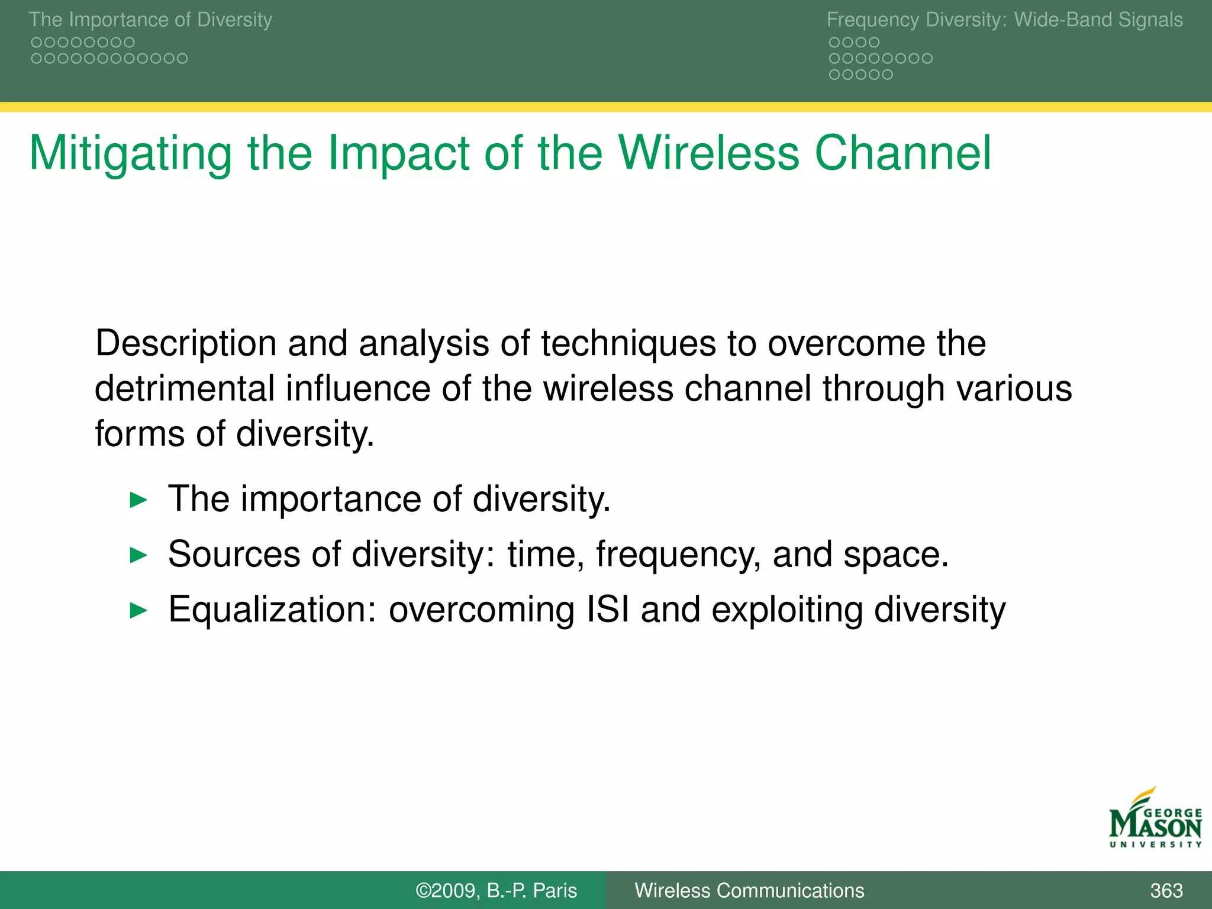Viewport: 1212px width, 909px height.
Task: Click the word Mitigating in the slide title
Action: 130,154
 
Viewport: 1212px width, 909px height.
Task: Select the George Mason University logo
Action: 1155,820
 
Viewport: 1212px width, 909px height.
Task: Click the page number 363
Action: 1166,890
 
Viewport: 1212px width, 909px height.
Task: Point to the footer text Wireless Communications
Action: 749,890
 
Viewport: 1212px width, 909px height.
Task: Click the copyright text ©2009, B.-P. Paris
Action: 496,890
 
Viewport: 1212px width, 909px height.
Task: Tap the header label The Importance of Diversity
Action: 150,20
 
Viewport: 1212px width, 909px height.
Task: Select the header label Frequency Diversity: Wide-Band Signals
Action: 1004,20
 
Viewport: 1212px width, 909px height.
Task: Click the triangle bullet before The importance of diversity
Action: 138,500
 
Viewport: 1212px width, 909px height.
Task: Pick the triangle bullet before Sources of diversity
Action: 138,555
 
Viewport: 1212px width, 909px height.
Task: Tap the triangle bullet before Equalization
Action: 138,610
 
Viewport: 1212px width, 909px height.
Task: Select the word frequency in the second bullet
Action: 678,555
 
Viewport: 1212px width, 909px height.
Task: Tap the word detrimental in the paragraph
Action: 184,389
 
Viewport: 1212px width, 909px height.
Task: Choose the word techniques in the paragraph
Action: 628,343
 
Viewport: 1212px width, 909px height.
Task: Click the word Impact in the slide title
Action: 398,154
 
